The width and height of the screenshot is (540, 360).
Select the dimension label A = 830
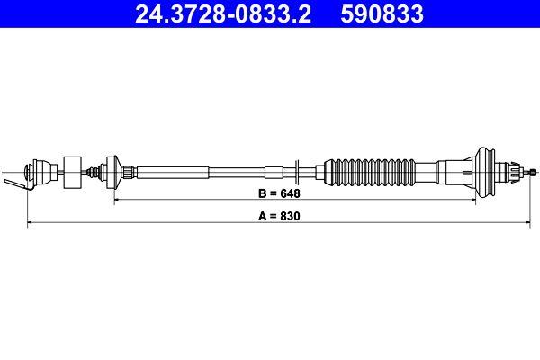[x=278, y=217]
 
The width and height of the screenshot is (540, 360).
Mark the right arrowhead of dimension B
[x=435, y=202]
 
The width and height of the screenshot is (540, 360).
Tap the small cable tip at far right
[x=533, y=170]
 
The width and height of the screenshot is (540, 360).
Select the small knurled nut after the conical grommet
[x=131, y=170]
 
